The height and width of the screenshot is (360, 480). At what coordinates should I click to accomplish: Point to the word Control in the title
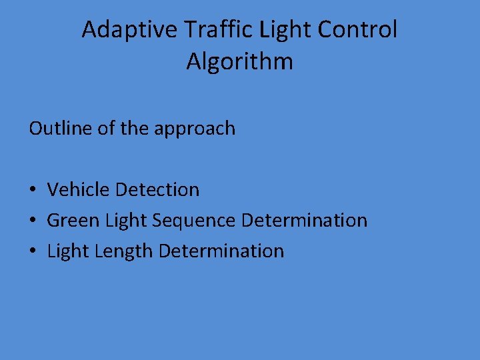[x=357, y=30]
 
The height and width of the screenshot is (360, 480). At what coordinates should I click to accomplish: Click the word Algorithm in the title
[x=239, y=62]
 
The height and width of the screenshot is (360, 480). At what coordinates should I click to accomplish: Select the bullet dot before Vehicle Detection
[x=33, y=191]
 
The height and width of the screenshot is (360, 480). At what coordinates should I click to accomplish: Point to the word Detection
[x=157, y=190]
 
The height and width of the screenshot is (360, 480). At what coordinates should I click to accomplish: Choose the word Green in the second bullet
[x=74, y=221]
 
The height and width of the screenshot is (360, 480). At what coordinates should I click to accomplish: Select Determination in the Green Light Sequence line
[x=304, y=221]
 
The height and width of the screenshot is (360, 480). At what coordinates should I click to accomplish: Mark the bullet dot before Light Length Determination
[x=33, y=252]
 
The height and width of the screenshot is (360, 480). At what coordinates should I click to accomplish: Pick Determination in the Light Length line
[x=222, y=251]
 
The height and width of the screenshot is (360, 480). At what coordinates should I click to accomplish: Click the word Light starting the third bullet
[x=68, y=251]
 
